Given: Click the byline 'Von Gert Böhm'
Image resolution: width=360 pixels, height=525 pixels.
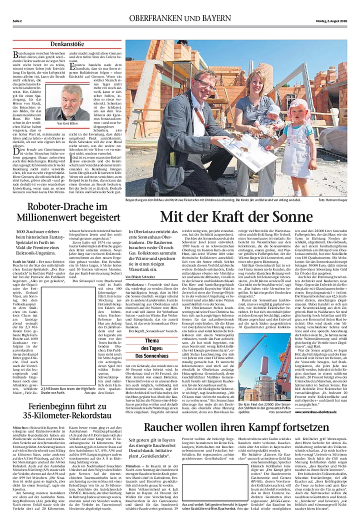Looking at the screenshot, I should [70, 123].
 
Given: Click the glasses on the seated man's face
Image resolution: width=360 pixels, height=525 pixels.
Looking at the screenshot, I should [205, 81].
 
